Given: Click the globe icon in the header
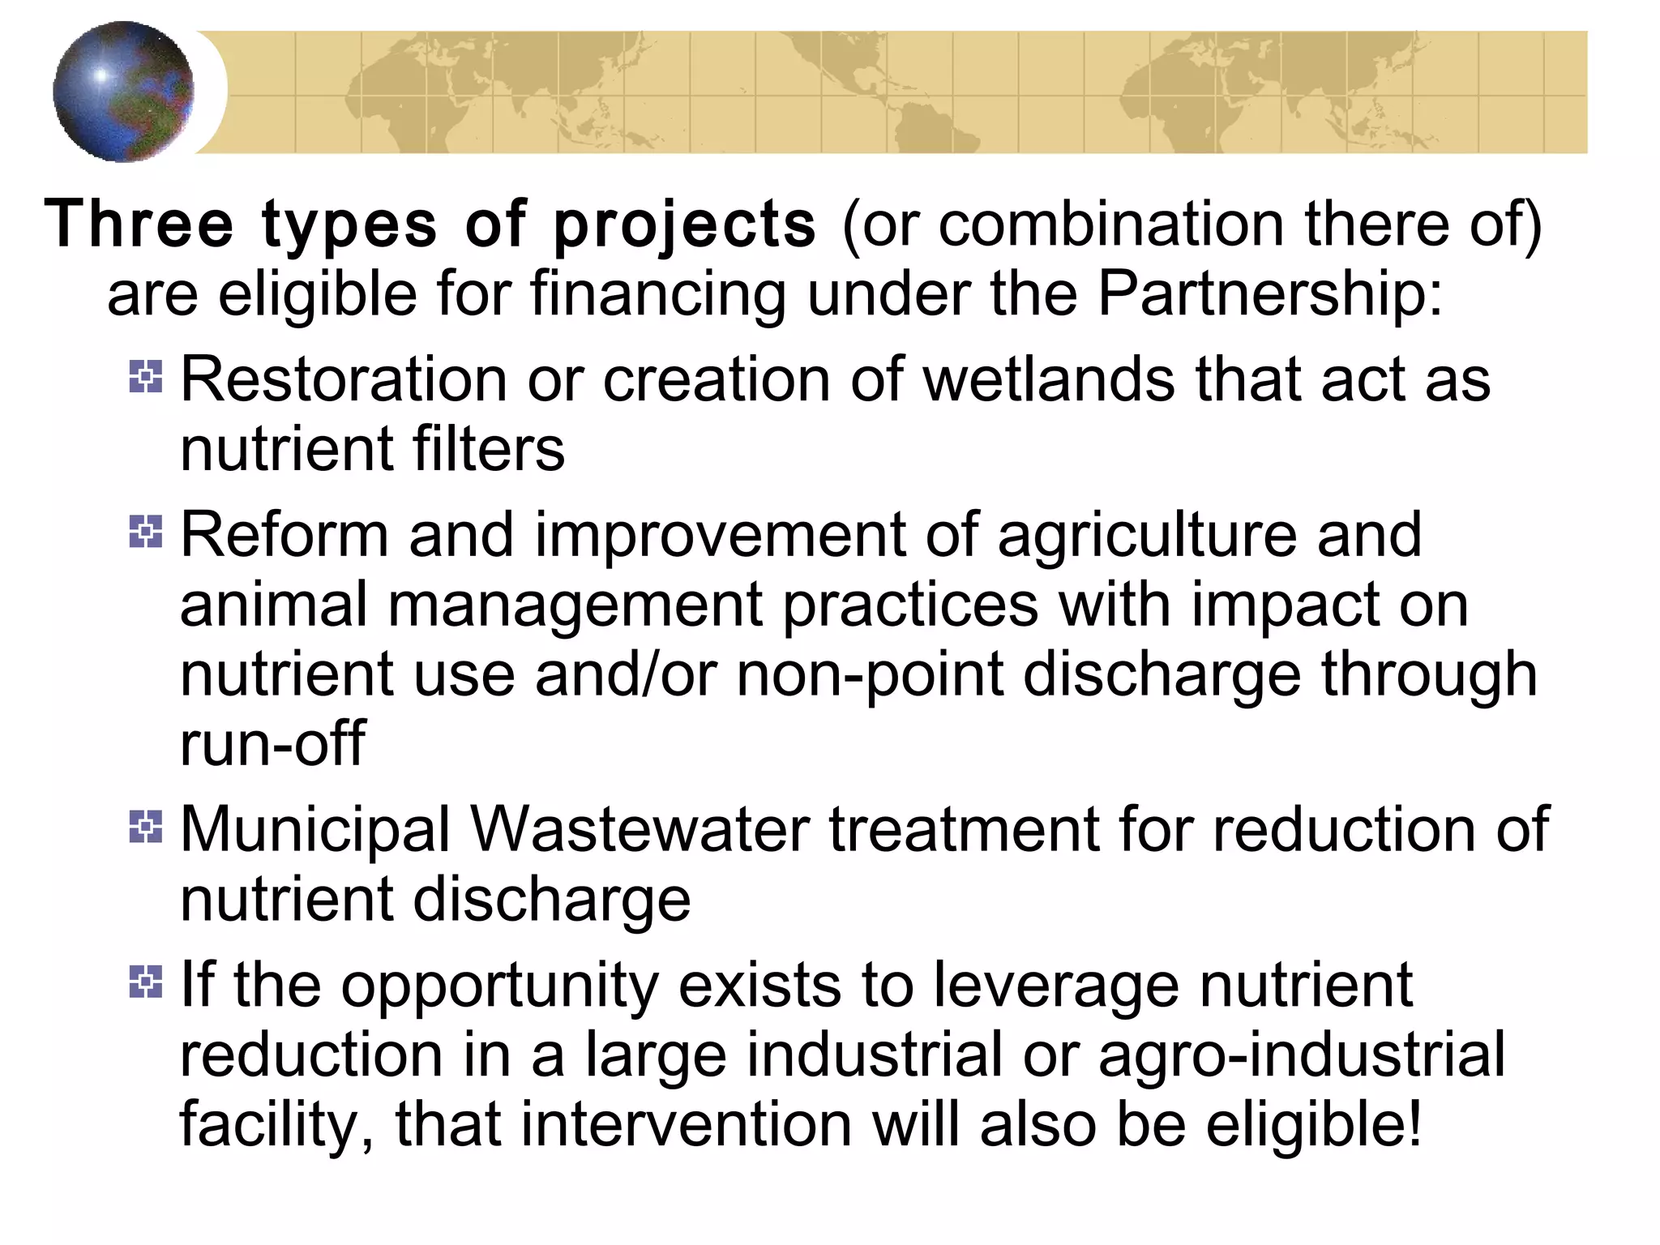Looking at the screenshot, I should click(x=123, y=92).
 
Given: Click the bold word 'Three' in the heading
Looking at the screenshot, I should click(x=138, y=225).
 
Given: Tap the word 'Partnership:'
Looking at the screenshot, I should click(x=1270, y=293).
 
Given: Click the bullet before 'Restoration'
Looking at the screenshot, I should click(x=146, y=377).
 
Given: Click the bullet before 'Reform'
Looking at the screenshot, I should click(x=146, y=532).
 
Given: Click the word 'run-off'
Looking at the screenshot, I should click(x=272, y=743).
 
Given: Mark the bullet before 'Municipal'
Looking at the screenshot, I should click(x=146, y=827).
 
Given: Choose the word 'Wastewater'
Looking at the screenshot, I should click(x=640, y=829).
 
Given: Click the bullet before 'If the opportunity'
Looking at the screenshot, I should click(x=146, y=982).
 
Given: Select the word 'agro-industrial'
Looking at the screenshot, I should click(x=1301, y=1055).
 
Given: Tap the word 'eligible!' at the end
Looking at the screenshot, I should click(x=1314, y=1125).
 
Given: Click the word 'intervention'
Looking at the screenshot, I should click(x=686, y=1125).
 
